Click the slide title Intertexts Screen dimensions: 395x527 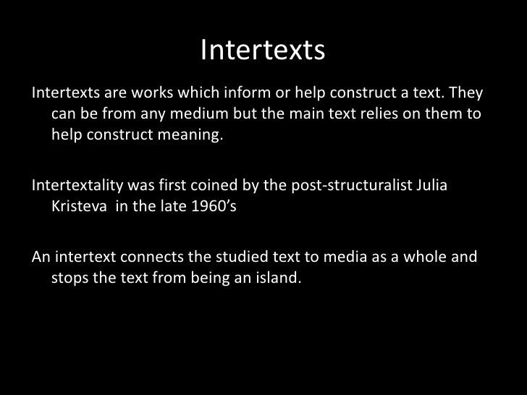(263, 50)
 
